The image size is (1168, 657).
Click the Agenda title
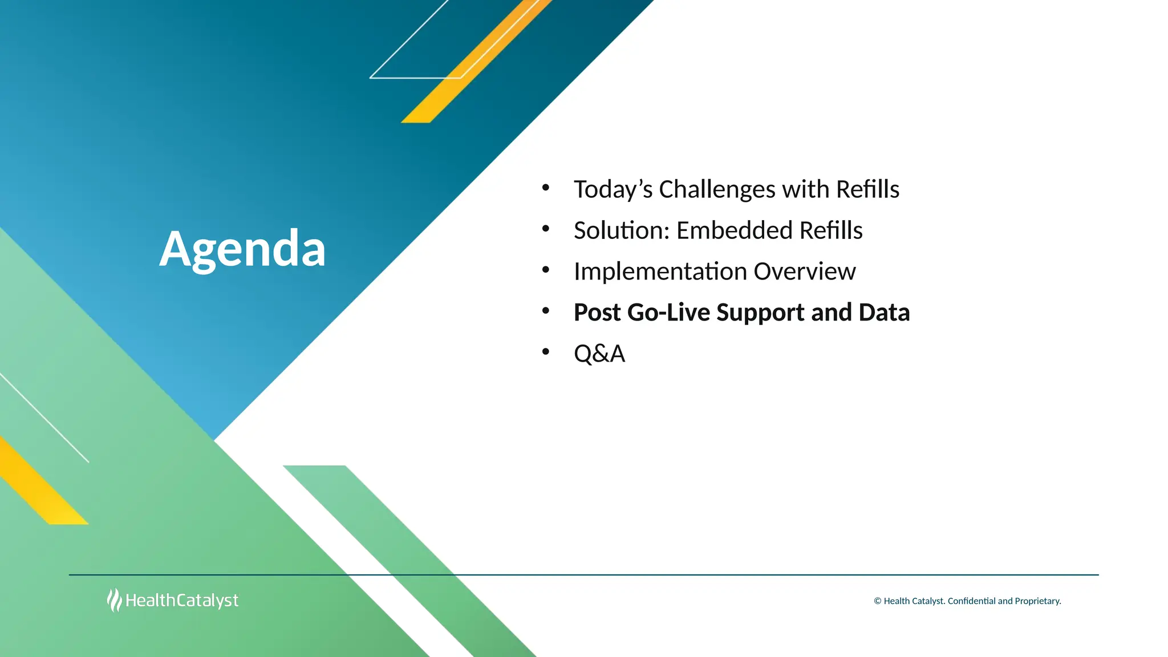coord(242,249)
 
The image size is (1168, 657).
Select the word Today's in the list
coord(613,189)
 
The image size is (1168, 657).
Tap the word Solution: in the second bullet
coord(621,230)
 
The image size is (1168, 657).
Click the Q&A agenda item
coord(599,354)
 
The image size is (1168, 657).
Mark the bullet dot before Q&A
coord(546,352)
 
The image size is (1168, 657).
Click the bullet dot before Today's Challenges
coord(546,187)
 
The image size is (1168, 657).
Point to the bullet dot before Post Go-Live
coord(546,311)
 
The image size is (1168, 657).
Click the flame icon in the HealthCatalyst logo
coord(114,600)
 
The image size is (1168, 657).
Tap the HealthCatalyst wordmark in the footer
coord(182,601)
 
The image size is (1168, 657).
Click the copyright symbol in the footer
coord(877,601)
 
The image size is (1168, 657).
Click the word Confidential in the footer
coord(971,601)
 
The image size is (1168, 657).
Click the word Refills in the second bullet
coord(830,230)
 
